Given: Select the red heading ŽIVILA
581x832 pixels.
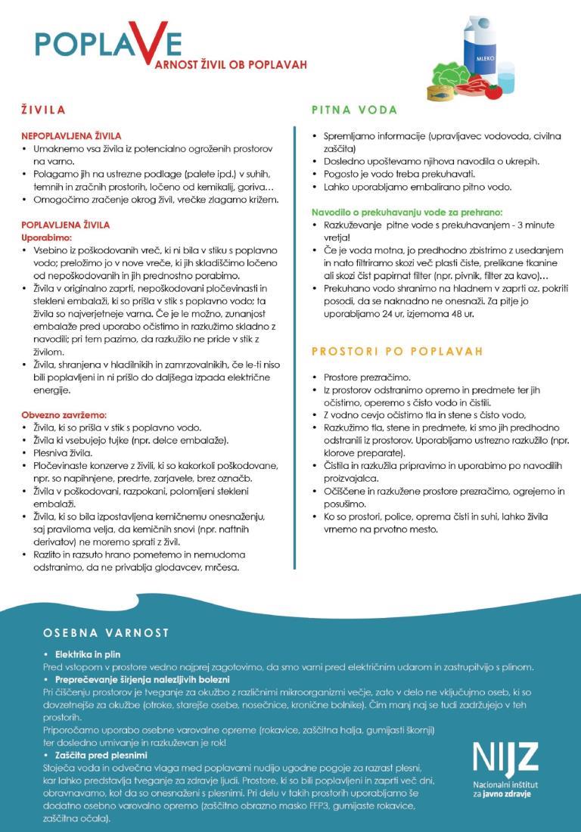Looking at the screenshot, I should pyautogui.click(x=43, y=110).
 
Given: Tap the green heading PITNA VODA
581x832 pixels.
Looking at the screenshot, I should pyautogui.click(x=354, y=110).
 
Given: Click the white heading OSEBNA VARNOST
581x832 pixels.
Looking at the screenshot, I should pyautogui.click(x=106, y=632).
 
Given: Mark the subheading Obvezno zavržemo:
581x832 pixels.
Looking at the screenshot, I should pyautogui.click(x=64, y=415).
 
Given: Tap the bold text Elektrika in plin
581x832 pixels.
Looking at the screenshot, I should pyautogui.click(x=87, y=653).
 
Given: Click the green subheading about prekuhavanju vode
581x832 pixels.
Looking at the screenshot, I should pyautogui.click(x=407, y=213).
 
